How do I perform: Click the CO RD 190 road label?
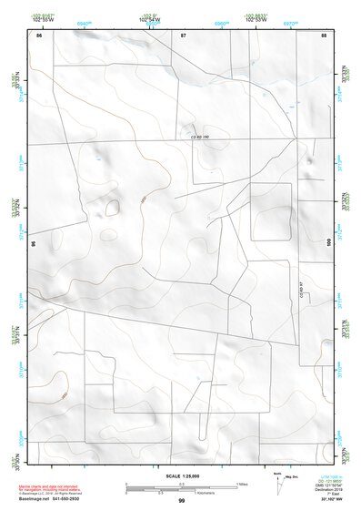tap(199, 138)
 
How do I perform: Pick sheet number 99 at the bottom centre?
tap(181, 501)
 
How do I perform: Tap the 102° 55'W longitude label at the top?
tap(41, 18)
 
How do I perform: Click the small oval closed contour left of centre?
tap(112, 206)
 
